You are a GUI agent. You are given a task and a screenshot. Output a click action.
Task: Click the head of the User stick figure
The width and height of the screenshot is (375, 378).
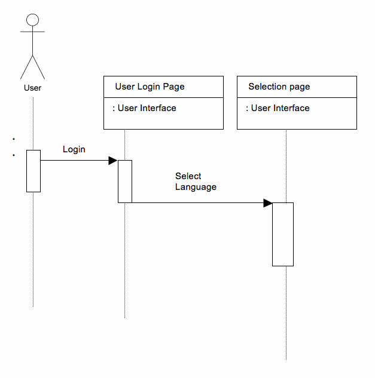(x=33, y=20)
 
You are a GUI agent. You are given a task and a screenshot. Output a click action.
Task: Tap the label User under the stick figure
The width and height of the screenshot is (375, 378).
(x=32, y=88)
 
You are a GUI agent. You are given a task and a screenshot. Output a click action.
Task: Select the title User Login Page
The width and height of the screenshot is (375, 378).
(x=150, y=87)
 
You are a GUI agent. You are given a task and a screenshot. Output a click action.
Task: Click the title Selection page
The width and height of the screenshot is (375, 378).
(x=279, y=87)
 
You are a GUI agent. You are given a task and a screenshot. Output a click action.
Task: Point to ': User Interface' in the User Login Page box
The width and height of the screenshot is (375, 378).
(x=144, y=108)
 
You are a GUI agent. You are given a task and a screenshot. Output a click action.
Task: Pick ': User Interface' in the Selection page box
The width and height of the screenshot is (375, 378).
(x=278, y=108)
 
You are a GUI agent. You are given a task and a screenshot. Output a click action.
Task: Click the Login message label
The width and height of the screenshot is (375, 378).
(x=74, y=149)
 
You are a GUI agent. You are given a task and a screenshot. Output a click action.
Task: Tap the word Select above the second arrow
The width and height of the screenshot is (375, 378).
(x=188, y=176)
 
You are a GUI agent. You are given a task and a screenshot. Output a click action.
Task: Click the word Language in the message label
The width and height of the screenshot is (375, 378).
(x=196, y=187)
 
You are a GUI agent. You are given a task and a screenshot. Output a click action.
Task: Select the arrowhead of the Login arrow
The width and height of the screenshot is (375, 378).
(x=112, y=160)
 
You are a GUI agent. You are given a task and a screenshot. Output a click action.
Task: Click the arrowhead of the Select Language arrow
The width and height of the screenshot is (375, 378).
(x=268, y=203)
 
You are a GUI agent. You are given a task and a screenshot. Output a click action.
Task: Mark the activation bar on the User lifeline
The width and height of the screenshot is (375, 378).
(x=33, y=171)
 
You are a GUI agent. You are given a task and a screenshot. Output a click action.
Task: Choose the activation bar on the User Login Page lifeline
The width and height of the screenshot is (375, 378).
(x=124, y=181)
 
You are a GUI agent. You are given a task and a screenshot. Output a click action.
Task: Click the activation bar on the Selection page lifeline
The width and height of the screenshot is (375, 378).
(x=283, y=234)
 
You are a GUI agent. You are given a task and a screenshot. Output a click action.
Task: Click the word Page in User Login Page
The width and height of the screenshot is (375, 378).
(x=174, y=87)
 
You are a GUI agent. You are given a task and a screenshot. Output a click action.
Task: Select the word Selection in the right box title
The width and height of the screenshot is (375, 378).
(x=267, y=87)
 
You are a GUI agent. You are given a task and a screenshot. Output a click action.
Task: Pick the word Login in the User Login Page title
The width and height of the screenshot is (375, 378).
(x=150, y=87)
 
